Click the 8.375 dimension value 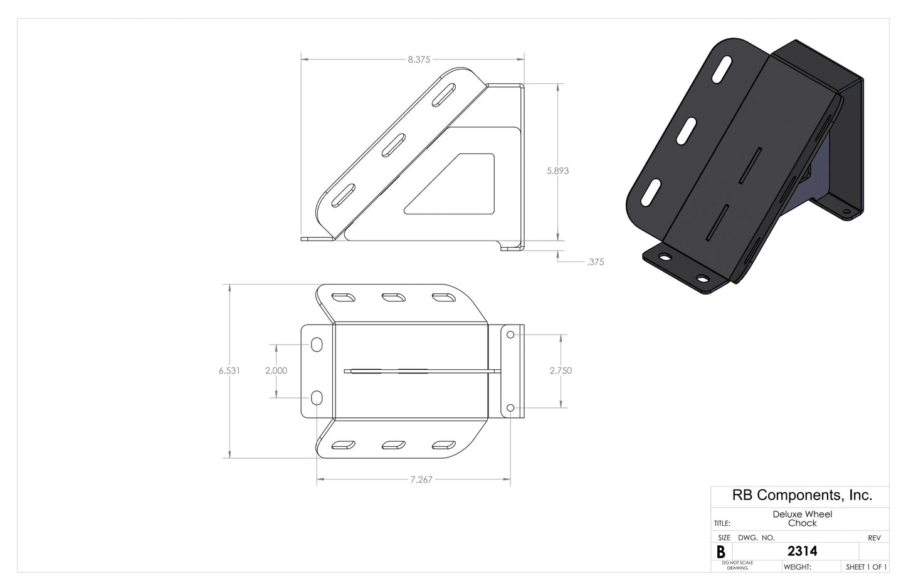coord(418,60)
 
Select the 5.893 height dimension coord(557,170)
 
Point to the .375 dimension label coord(595,262)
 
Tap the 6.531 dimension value coord(229,370)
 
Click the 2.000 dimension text coord(276,370)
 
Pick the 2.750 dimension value coord(561,370)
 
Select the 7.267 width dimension coord(421,479)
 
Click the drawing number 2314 coord(802,552)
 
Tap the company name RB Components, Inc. coord(802,495)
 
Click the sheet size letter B coord(720,552)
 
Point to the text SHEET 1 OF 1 coord(866,567)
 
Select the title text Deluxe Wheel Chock coord(802,518)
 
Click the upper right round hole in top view coord(510,335)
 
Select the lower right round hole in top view coord(510,408)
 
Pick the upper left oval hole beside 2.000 coord(317,345)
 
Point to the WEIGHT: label coord(798,567)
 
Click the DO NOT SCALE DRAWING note coord(737,565)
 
